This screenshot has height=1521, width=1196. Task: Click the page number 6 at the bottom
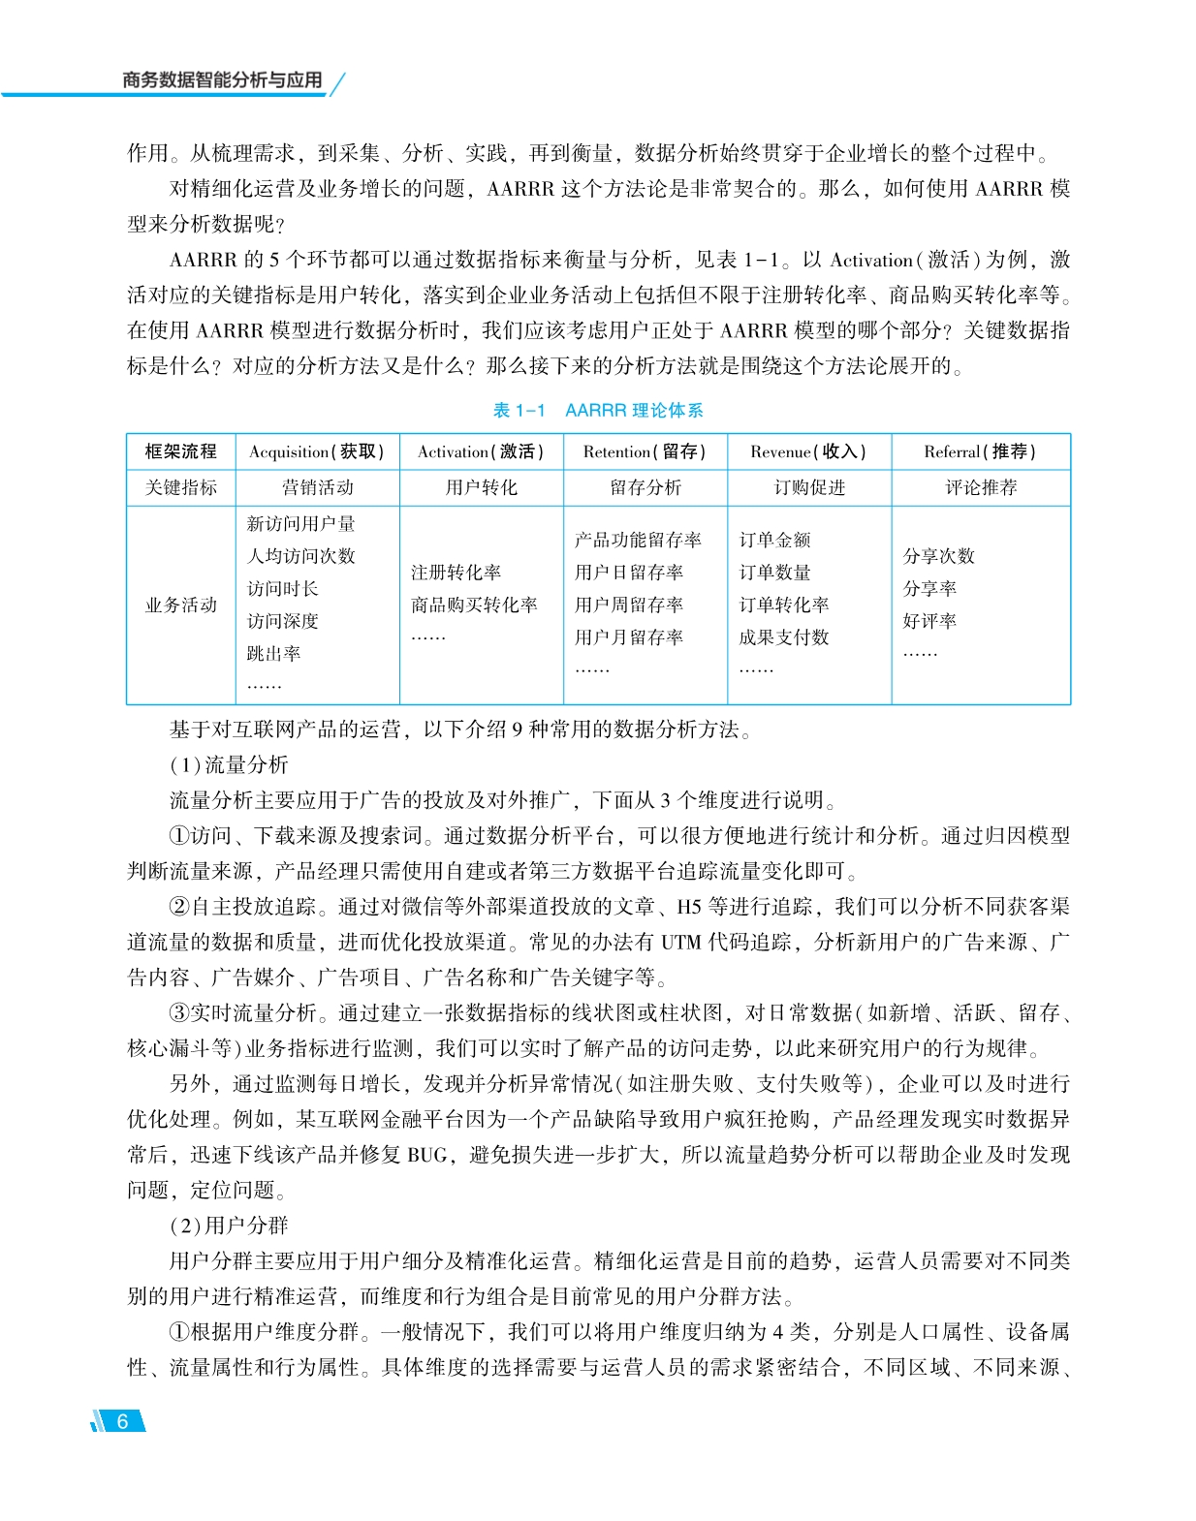coord(122,1421)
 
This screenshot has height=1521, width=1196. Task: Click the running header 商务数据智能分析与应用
coord(222,80)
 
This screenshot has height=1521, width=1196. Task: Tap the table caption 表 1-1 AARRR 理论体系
coord(598,411)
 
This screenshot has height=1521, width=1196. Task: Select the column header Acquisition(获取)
coord(317,451)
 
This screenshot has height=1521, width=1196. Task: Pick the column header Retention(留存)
coord(645,451)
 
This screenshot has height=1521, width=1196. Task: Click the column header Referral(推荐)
coord(980,451)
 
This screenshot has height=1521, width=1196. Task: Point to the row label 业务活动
coord(181,605)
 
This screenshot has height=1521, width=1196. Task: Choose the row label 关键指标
coord(181,487)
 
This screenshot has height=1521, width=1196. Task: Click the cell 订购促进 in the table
coord(809,487)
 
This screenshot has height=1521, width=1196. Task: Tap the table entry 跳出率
coord(273,654)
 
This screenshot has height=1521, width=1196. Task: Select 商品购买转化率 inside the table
coord(474,605)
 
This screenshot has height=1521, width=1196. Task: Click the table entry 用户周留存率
coord(628,605)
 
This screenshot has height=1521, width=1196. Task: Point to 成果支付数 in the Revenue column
coord(783,637)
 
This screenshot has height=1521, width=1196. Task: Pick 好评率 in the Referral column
coord(929,621)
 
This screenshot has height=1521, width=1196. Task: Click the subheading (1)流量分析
coord(230,765)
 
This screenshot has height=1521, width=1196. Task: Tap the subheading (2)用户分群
coord(230,1226)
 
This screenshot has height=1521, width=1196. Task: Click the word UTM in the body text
coord(682,942)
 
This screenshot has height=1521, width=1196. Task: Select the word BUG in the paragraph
coord(427,1155)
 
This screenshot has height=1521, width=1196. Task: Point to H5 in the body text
coord(688,907)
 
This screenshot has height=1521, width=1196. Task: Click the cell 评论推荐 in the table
coord(981,487)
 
